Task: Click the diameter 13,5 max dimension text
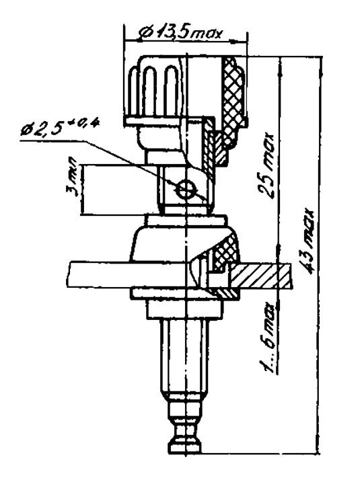[x=180, y=32]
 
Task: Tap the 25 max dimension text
[x=266, y=165]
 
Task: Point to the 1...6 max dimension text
[x=267, y=337]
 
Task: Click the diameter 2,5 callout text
[x=60, y=127]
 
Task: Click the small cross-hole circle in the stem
[x=185, y=190]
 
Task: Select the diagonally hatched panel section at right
[x=260, y=276]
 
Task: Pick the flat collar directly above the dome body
[x=187, y=221]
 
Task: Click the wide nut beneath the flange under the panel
[x=184, y=309]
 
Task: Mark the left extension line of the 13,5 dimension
[x=124, y=70]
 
